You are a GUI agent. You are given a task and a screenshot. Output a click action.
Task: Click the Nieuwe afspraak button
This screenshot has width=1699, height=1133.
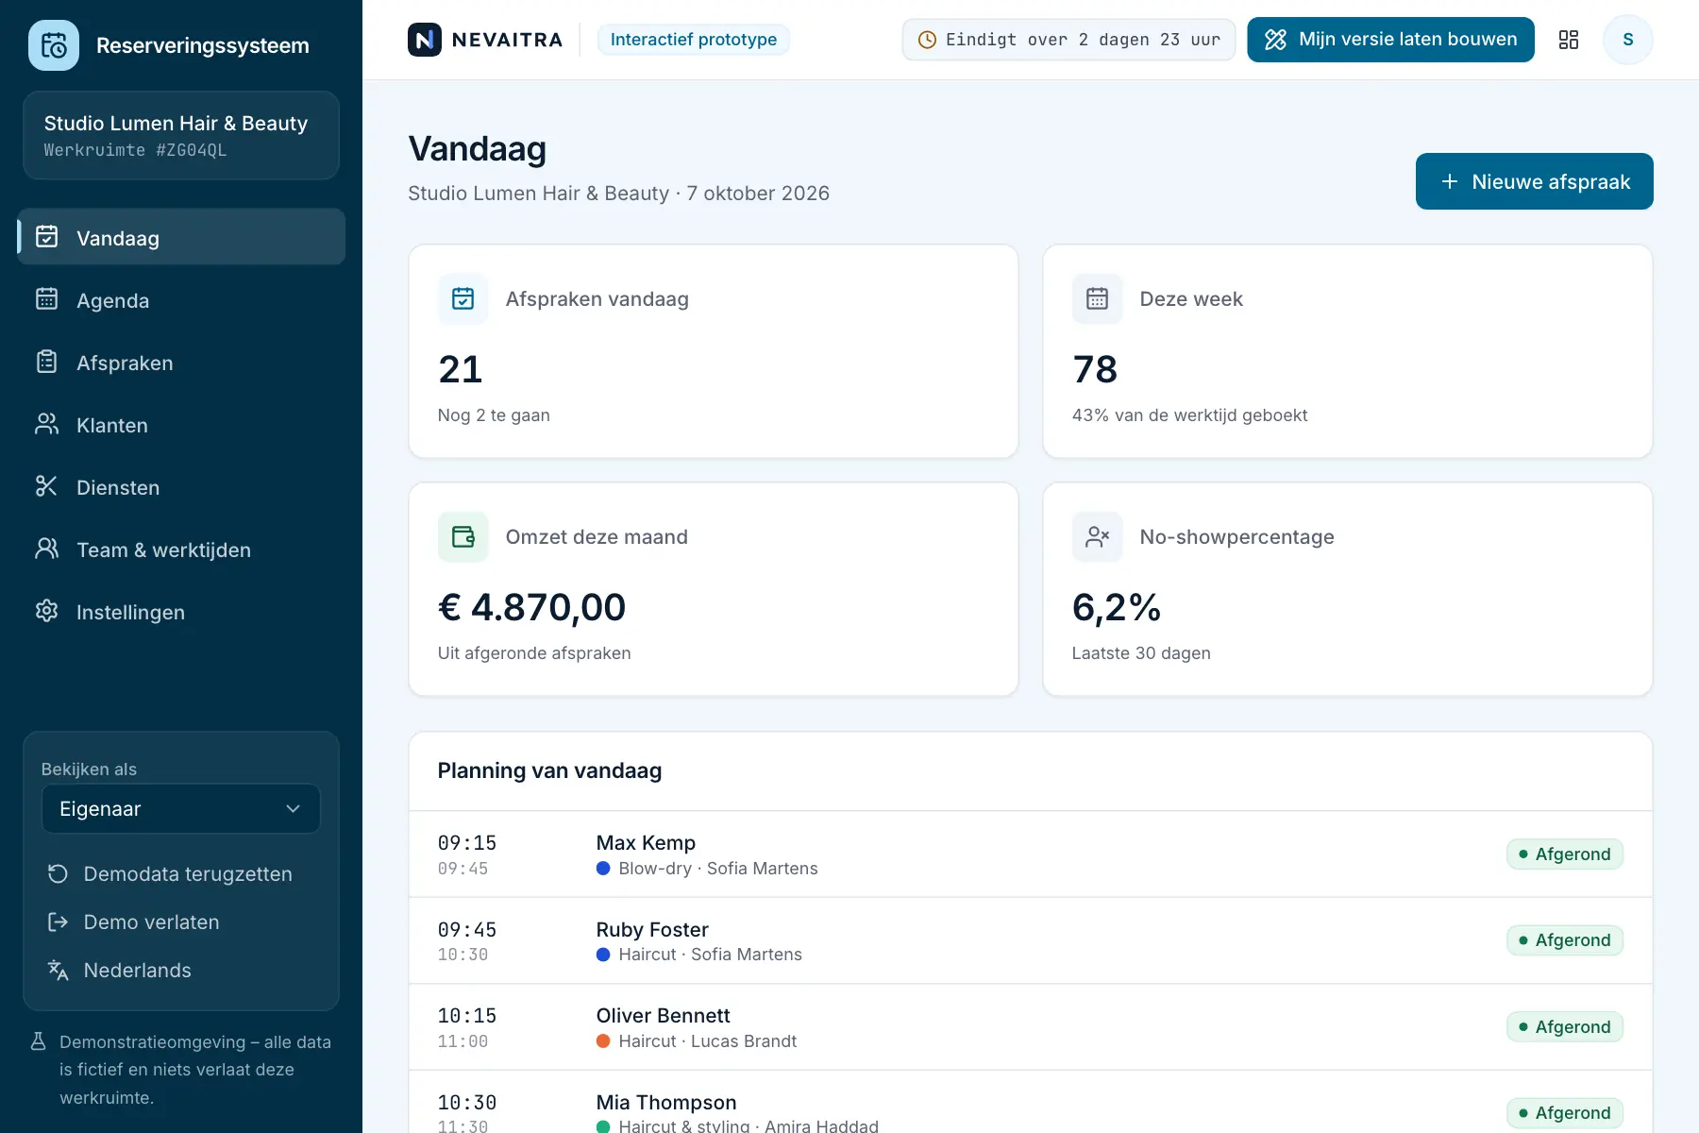(x=1534, y=181)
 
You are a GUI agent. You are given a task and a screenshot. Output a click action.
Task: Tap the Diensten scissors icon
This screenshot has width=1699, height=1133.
(x=46, y=486)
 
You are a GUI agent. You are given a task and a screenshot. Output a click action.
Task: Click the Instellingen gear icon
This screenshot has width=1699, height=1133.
(x=46, y=611)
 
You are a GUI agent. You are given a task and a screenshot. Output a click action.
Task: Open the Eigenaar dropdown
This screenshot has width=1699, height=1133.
(x=180, y=809)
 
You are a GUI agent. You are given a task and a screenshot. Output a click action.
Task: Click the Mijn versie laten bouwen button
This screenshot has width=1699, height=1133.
(x=1390, y=40)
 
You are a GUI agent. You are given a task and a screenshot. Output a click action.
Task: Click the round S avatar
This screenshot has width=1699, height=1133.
(x=1627, y=40)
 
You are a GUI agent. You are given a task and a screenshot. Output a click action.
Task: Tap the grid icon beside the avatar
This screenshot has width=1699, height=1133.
(x=1569, y=40)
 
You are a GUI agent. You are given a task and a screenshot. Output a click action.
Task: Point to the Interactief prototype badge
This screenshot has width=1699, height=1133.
(x=694, y=40)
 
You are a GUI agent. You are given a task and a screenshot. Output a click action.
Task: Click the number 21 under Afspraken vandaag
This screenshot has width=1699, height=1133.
(x=461, y=369)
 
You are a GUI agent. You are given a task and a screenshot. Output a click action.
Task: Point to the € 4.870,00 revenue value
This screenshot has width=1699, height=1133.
(x=531, y=607)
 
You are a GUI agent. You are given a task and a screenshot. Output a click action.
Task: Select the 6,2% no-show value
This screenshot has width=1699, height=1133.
(x=1117, y=607)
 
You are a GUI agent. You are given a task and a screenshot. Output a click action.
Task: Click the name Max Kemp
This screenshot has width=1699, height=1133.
(x=646, y=843)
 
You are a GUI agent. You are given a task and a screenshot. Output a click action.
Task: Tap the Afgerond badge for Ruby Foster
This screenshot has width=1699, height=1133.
(x=1565, y=940)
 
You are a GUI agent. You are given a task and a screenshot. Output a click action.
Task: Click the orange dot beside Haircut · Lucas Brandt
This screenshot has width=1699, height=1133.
(x=603, y=1041)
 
